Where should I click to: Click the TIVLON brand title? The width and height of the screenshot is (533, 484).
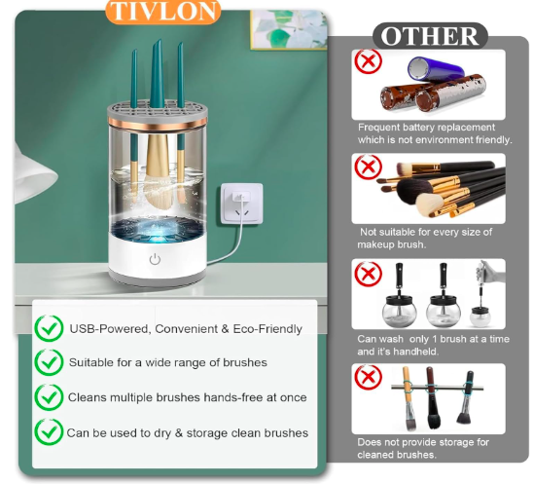click(163, 12)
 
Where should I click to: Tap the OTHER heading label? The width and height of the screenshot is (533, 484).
click(430, 36)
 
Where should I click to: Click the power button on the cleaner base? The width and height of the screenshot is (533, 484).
click(155, 259)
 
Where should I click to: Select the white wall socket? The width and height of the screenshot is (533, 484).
click(241, 204)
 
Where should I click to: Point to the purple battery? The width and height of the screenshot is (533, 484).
click(436, 68)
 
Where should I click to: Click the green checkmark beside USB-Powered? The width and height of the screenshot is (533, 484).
click(49, 328)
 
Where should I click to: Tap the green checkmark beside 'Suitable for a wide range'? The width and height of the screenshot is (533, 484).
click(49, 362)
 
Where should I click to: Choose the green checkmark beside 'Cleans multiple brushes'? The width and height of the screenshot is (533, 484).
click(49, 397)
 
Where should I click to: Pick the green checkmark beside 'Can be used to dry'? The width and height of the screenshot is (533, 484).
click(49, 432)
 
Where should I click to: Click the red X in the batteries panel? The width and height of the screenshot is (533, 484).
click(368, 61)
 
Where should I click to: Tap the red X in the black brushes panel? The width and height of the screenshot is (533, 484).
click(368, 167)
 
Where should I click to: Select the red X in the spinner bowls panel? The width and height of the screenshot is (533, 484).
click(368, 274)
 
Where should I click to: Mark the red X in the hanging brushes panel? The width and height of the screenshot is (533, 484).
click(368, 377)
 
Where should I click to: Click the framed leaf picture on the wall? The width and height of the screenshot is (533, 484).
click(289, 29)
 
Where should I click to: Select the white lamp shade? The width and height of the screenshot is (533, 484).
click(35, 174)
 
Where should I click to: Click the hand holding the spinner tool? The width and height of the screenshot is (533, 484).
click(492, 272)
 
